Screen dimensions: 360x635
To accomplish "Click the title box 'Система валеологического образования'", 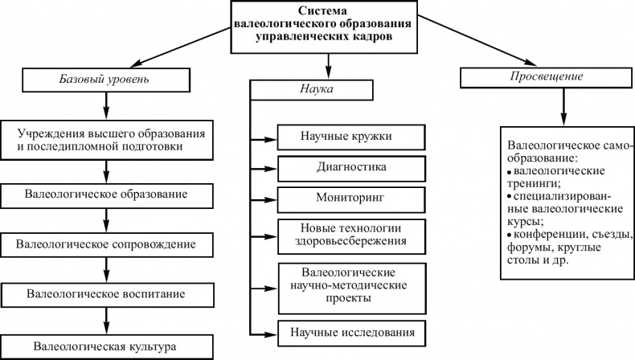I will tap(325, 24).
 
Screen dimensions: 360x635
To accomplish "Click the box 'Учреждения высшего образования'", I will tap(107, 140).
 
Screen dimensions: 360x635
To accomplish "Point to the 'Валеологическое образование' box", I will tap(107, 194).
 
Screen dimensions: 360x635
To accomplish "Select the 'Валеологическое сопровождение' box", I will tap(107, 242).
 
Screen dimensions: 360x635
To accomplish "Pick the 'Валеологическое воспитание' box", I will tap(107, 294).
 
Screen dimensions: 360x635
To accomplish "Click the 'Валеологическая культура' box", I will tap(107, 346).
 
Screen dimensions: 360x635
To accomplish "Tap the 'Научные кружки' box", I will tap(351, 136).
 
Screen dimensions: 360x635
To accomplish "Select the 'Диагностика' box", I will tap(351, 167).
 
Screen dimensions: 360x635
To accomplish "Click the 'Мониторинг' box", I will tap(351, 197).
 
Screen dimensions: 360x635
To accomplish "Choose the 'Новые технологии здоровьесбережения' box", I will tap(351, 233).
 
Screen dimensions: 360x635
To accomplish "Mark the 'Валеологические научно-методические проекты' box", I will tap(351, 284).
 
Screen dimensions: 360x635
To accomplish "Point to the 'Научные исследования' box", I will tap(351, 332).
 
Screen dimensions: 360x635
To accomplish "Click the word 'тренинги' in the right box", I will tap(535, 183).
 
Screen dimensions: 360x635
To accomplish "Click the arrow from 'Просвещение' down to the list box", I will tap(563, 104).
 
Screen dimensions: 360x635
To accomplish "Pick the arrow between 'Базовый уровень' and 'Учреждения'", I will tap(106, 106).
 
